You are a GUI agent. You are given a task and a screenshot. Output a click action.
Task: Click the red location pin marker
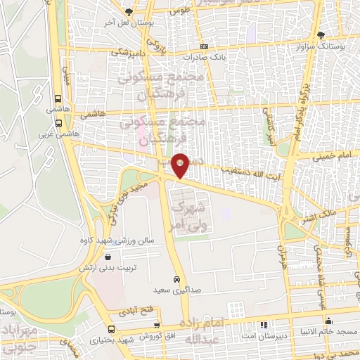tap(181, 165)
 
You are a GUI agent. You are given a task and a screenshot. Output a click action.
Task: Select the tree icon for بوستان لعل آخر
tap(128, 12)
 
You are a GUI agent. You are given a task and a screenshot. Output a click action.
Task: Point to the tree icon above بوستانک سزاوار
tap(321, 34)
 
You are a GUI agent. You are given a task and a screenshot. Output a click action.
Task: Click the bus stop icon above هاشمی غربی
tap(57, 98)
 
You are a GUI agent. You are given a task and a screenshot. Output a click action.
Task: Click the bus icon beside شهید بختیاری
tap(111, 328)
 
